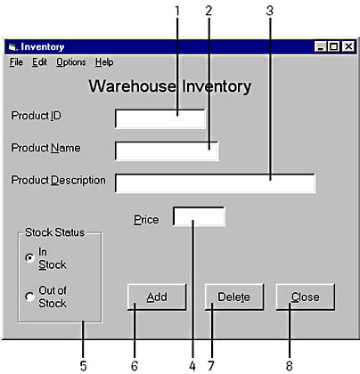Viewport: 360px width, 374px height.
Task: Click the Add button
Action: coord(157,297)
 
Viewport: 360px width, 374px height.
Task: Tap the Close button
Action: coord(306,297)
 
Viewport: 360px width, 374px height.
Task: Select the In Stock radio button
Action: coord(29,258)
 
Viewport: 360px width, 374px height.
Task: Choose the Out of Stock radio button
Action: coord(29,297)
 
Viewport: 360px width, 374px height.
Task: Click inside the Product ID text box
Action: coord(160,119)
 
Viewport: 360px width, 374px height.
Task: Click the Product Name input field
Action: coord(167,151)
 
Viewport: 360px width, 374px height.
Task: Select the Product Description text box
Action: coord(215,183)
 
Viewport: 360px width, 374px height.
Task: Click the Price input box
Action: coord(199,216)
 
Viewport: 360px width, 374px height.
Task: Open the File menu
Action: coord(16,62)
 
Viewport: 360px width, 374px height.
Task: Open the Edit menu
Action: coord(39,62)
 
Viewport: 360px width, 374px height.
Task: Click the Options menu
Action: coord(71,62)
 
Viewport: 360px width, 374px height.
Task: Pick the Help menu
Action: coord(104,62)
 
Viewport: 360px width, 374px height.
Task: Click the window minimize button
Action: coord(321,46)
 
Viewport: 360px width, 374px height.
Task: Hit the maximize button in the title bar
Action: coord(333,46)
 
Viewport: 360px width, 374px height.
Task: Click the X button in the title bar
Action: coord(348,46)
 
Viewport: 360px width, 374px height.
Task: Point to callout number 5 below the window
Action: coord(83,366)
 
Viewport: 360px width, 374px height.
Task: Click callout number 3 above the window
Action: coord(270,11)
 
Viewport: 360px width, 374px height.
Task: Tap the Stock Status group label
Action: coord(54,232)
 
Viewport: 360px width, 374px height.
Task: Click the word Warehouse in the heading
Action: coord(133,86)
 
